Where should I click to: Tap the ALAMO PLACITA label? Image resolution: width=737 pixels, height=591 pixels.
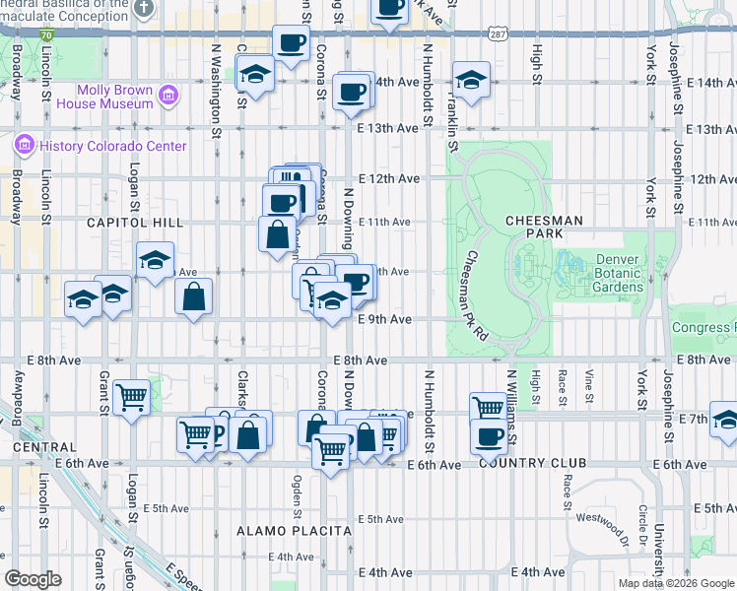pos(294,531)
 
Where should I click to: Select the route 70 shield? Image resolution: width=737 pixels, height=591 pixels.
pos(46,34)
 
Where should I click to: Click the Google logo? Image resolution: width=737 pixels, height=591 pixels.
pos(33,579)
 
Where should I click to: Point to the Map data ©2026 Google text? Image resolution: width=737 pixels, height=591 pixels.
pos(675,583)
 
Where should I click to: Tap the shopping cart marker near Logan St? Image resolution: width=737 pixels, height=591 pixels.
pos(131,398)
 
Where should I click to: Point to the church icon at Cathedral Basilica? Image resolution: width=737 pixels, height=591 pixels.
pos(144,9)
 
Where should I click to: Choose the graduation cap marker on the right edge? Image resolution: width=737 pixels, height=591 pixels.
pos(725,419)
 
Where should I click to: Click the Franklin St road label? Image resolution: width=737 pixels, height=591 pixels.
pos(452,123)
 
